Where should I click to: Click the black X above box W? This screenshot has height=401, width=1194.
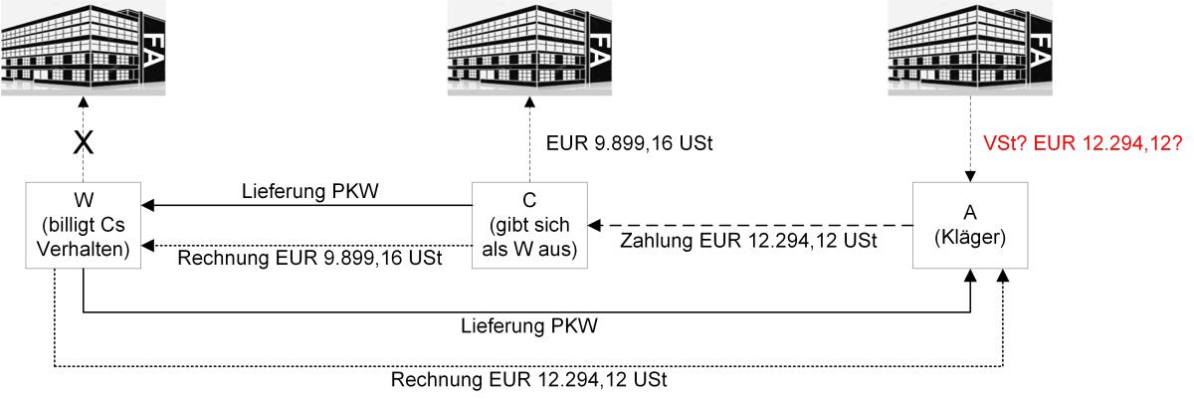(x=86, y=143)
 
